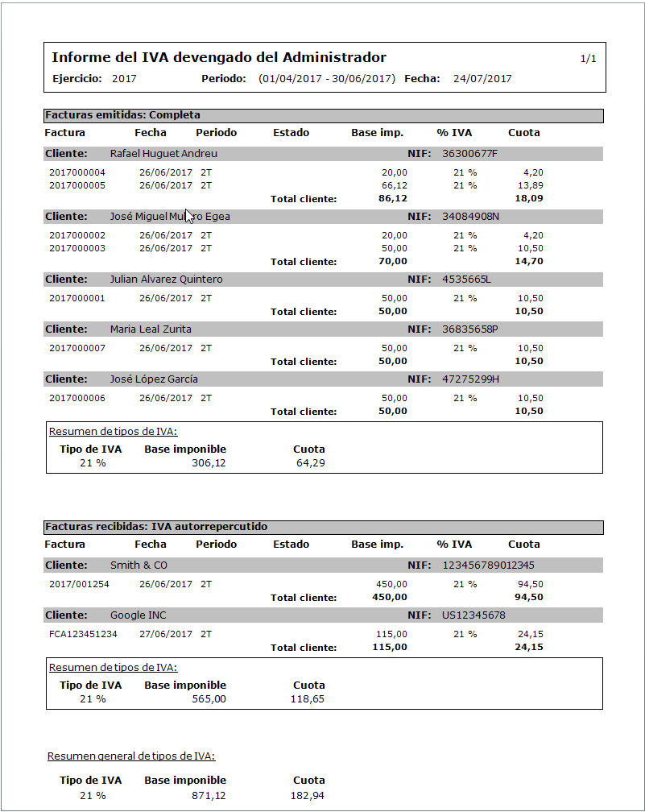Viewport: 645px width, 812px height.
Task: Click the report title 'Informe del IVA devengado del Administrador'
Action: (219, 58)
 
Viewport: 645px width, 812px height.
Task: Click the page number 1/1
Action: (588, 59)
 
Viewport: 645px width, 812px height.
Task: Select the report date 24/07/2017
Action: (482, 79)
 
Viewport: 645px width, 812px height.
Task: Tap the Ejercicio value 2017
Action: (124, 79)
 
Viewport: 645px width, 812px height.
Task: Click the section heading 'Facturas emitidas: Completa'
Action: (122, 115)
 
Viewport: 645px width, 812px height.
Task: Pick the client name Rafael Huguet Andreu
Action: (163, 154)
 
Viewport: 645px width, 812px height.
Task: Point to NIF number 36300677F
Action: (470, 154)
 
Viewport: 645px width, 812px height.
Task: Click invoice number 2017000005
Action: (77, 185)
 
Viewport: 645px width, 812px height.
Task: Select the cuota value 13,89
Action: (531, 185)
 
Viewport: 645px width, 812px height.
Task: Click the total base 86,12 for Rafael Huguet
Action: (393, 198)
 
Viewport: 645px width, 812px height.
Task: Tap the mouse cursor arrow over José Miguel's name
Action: (189, 215)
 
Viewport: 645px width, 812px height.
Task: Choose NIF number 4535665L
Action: (466, 280)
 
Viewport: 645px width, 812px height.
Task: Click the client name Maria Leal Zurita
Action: (151, 329)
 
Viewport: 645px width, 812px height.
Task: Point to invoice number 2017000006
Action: (77, 398)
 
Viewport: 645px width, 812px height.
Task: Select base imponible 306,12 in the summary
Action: (209, 463)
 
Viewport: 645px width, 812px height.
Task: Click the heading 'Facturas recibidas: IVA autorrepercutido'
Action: (156, 527)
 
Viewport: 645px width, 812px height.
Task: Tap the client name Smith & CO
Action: (139, 565)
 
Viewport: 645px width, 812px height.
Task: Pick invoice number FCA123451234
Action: (83, 634)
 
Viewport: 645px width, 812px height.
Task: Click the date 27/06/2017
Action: (166, 634)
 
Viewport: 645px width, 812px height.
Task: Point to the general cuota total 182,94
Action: (308, 796)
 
